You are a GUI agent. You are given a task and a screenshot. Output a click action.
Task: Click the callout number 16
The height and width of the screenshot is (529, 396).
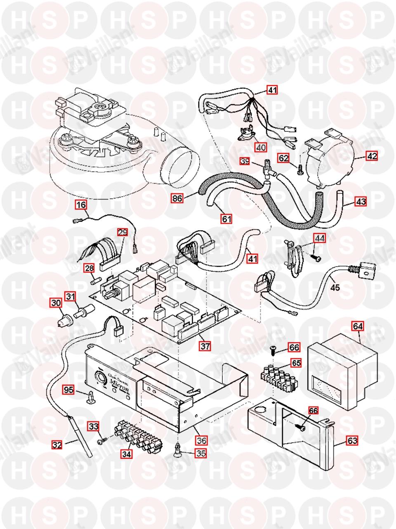tap(81, 204)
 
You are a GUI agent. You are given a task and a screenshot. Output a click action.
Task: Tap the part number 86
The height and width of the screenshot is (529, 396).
tap(177, 198)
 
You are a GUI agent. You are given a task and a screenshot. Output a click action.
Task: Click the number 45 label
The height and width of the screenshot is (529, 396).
tap(335, 287)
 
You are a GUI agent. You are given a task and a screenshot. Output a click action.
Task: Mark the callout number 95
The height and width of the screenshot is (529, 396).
tap(68, 389)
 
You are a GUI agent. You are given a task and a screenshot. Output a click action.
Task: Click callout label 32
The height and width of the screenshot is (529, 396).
tap(57, 445)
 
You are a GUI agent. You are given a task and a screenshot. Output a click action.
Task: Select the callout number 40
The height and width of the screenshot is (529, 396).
tap(261, 147)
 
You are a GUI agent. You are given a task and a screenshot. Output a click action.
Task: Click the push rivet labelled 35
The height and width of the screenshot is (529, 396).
tap(178, 449)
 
